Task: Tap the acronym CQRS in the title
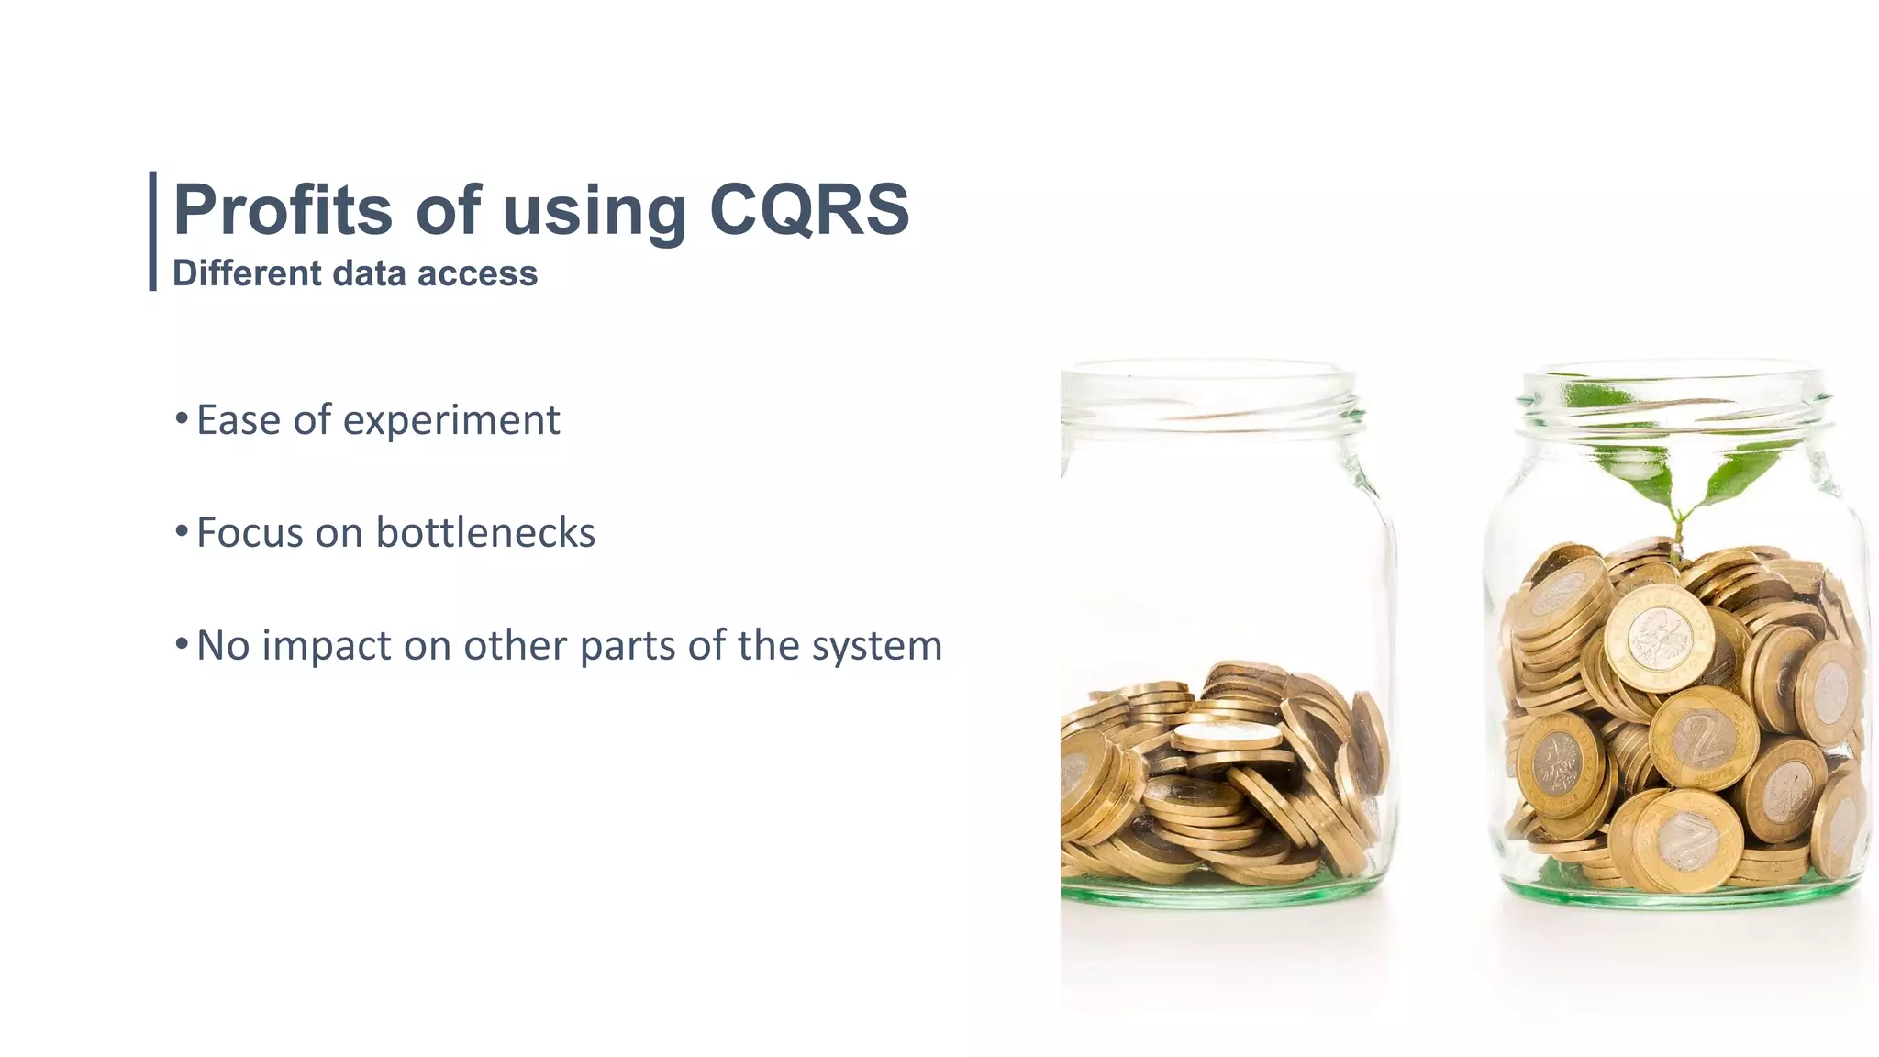click(x=809, y=210)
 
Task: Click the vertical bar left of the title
click(x=152, y=231)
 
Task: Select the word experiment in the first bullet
click(x=450, y=421)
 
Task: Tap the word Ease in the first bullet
click(x=239, y=420)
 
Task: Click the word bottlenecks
click(x=485, y=533)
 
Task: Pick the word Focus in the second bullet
click(x=250, y=533)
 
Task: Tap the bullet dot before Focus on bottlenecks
click(x=182, y=531)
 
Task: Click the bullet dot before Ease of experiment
click(x=182, y=419)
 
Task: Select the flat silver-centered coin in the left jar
click(x=1227, y=734)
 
